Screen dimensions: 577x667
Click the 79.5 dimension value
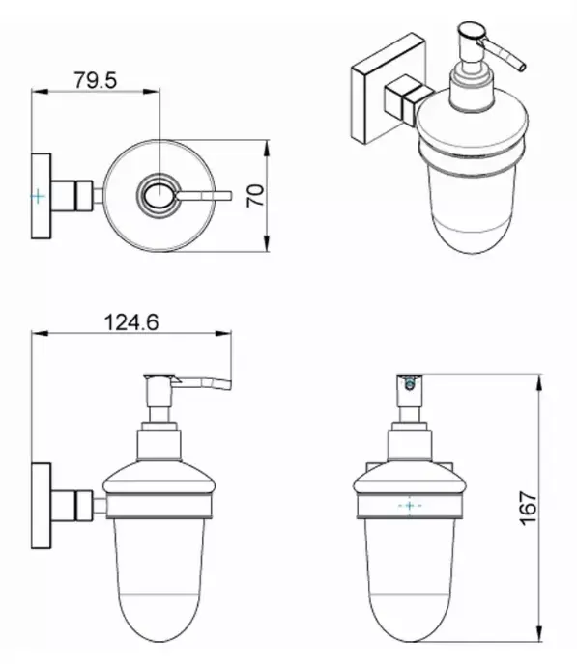coord(96,80)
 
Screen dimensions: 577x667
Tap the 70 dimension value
coord(255,196)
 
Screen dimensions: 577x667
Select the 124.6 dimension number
coord(131,322)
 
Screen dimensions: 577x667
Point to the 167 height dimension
coord(529,508)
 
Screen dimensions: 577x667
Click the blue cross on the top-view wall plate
coord(38,197)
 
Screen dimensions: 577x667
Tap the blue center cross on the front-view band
coord(410,506)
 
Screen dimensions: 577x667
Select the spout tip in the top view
coord(229,196)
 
